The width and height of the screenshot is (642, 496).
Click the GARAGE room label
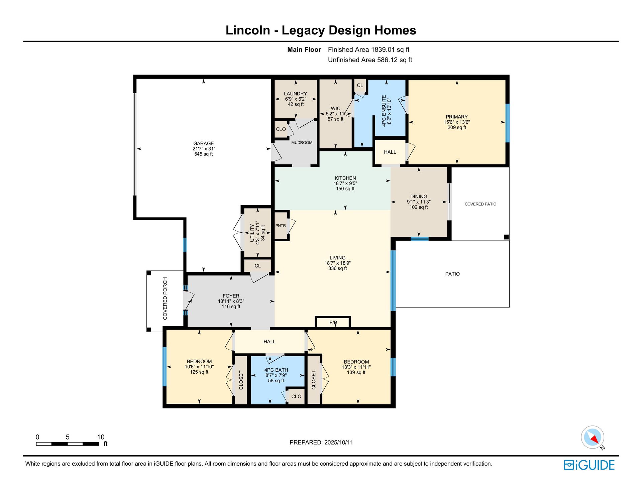203,143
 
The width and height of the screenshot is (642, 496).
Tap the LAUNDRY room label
295,94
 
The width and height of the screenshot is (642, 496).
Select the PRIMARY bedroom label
456,117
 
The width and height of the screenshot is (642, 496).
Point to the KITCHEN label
345,178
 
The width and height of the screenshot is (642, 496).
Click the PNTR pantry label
281,226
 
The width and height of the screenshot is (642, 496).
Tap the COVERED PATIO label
480,204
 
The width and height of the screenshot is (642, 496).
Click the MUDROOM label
302,143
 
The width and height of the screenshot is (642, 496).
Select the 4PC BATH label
276,370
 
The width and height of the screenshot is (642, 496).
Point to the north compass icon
593,437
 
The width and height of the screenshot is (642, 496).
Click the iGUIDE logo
589,465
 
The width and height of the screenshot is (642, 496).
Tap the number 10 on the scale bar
101,437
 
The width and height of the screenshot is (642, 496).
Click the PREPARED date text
321,442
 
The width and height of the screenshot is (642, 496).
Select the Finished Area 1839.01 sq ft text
368,49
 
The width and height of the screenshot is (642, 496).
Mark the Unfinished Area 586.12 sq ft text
370,60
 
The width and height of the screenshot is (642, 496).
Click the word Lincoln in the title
248,30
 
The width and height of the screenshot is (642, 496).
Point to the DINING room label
419,197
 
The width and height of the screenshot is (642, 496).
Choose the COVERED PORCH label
165,298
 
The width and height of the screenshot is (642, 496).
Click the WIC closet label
335,108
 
